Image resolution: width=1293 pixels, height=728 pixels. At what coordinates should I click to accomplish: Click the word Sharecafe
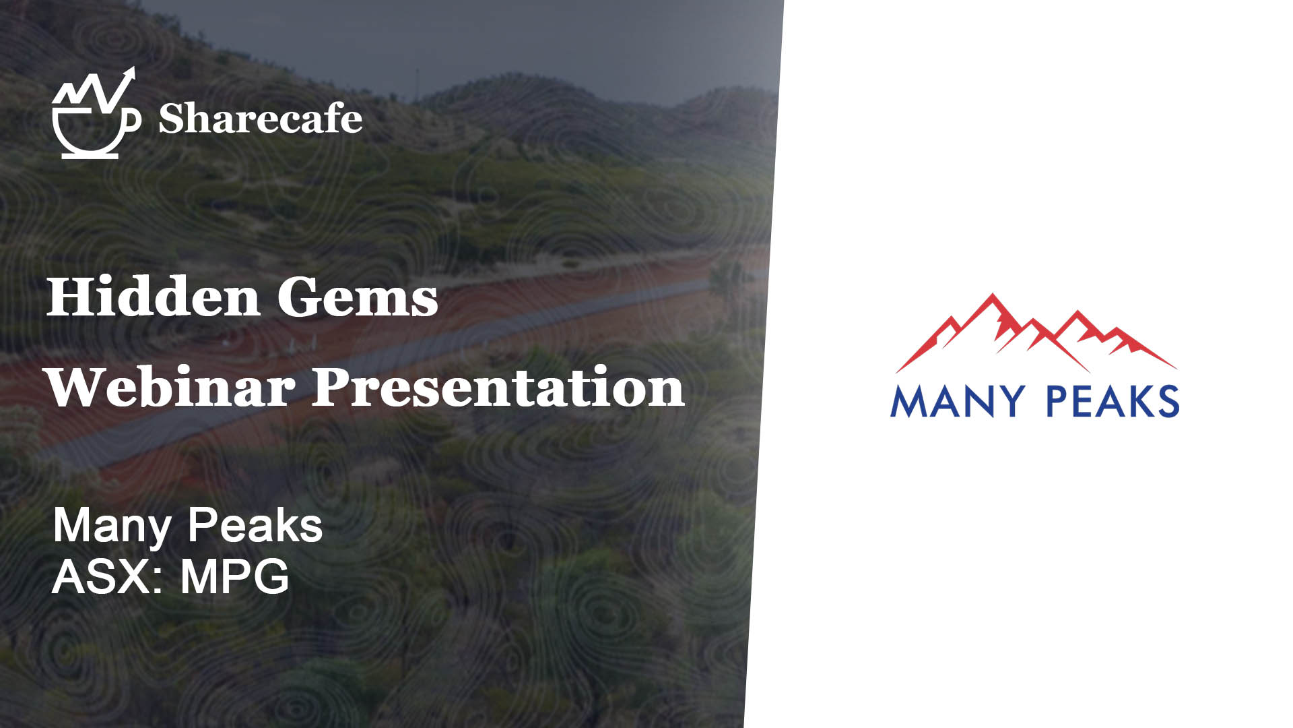260,119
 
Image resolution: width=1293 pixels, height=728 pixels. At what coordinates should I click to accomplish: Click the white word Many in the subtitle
112,527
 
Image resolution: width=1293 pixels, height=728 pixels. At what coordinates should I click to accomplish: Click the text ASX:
108,576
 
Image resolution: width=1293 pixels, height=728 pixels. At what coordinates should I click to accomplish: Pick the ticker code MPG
234,576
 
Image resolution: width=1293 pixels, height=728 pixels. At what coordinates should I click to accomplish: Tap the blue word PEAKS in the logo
1113,401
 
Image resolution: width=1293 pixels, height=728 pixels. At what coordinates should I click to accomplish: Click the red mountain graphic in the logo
1036,333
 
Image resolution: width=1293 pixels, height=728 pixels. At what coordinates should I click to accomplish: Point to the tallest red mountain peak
992,295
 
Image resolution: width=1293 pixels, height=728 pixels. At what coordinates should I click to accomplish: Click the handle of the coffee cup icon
133,119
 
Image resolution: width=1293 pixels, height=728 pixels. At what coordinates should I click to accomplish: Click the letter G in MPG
272,576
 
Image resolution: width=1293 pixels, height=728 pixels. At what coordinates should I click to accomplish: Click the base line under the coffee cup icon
90,156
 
